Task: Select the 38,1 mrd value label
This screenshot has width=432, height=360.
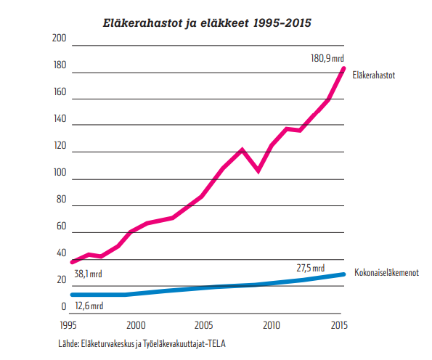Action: [89, 275]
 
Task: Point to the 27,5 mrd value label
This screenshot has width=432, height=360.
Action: [310, 267]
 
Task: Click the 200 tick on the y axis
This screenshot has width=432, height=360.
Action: [60, 38]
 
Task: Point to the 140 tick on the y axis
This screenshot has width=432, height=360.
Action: [60, 119]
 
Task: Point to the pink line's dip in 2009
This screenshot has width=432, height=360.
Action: [258, 171]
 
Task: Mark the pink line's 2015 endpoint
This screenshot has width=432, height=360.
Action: [343, 68]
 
